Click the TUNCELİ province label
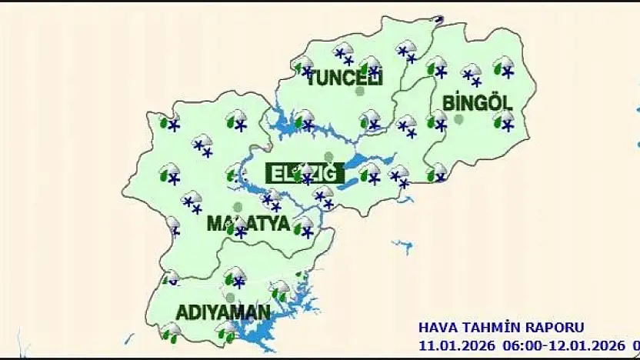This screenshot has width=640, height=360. point(345,77)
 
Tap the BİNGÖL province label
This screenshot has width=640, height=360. point(478,102)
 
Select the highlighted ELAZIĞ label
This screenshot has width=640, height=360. point(302,173)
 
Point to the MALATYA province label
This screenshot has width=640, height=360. point(248,225)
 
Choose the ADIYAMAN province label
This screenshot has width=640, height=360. point(223,313)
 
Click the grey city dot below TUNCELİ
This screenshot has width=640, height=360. point(359,92)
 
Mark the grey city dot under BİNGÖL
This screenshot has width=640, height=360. point(458,119)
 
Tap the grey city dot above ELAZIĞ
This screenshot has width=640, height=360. point(329,156)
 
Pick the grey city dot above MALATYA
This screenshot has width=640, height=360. point(238,207)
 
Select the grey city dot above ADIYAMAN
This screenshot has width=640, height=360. point(230,297)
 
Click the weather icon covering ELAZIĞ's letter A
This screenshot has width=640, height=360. point(305,173)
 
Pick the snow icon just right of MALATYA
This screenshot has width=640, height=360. point(305,226)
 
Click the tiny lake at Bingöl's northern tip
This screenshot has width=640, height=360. point(438,19)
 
